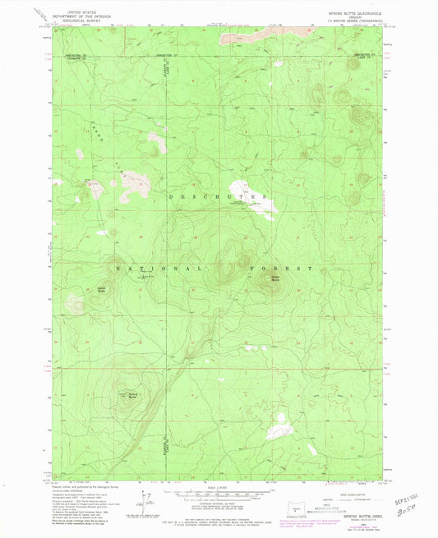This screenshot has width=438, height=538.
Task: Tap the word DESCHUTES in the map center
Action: (215, 198)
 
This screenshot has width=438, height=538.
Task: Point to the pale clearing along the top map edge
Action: (247, 38)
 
